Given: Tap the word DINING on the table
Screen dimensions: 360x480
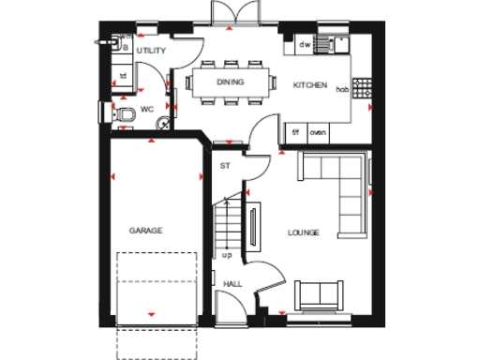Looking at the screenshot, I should [x=231, y=82].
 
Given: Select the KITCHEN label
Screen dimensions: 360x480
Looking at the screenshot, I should [x=310, y=85].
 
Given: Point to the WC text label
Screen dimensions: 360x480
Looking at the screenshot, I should [x=146, y=110].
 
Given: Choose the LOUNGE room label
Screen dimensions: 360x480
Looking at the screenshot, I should [x=304, y=232].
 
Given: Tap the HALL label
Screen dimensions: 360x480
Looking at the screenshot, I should [x=231, y=282].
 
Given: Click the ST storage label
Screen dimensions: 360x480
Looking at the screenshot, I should [x=225, y=166].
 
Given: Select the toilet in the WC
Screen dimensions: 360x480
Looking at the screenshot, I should [x=123, y=112].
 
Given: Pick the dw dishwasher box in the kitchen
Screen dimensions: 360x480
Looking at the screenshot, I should [x=305, y=44].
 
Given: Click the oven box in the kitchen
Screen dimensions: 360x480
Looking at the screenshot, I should [x=318, y=132].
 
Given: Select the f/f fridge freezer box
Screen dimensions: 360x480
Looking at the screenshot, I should [x=295, y=132].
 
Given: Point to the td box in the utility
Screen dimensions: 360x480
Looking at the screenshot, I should [x=123, y=76].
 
